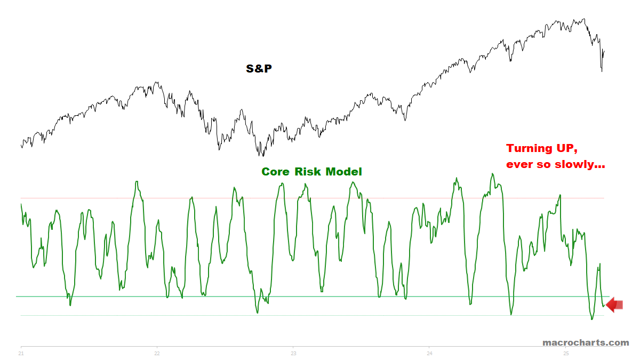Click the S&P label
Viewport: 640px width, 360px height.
point(259,68)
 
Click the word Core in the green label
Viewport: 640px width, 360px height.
point(275,172)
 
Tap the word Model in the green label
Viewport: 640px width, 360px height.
point(343,172)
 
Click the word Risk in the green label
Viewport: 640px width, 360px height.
point(307,172)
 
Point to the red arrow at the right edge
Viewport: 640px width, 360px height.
point(614,305)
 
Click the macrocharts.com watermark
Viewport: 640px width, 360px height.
point(586,342)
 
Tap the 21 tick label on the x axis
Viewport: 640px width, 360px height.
point(21,353)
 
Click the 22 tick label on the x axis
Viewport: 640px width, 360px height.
point(157,353)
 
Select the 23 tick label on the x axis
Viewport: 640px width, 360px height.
point(293,353)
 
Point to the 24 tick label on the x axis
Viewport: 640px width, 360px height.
point(429,353)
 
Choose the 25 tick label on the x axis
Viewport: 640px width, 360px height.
point(565,353)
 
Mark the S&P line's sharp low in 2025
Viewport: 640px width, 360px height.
point(602,71)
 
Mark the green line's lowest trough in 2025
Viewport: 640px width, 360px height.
point(591,319)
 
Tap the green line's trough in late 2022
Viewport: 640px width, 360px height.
point(258,313)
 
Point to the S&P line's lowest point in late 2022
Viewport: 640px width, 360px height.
point(263,156)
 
